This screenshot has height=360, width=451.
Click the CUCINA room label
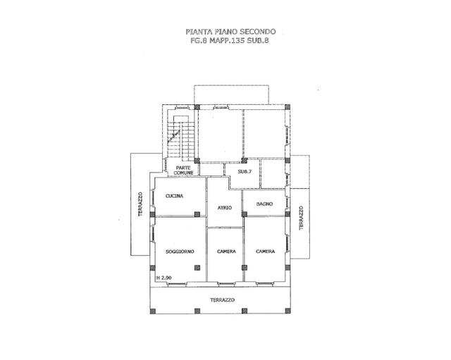(x=174, y=196)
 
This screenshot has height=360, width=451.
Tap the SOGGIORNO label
(x=180, y=252)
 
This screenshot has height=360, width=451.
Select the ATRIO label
(x=225, y=208)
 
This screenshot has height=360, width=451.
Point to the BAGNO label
(x=265, y=204)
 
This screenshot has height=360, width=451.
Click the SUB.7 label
(x=245, y=172)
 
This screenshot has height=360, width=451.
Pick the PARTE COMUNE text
(x=183, y=170)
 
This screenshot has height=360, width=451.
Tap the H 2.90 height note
(x=164, y=278)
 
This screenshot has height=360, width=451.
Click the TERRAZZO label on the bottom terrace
(x=223, y=300)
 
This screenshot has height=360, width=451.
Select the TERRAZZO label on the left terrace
(x=140, y=204)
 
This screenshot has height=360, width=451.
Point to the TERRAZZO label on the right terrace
(x=301, y=218)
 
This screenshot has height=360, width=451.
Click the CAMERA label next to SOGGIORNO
(x=226, y=252)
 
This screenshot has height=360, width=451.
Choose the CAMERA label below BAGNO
(x=265, y=252)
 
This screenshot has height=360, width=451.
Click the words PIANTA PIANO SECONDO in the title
(x=230, y=31)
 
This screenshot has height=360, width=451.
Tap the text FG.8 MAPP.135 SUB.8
(x=230, y=41)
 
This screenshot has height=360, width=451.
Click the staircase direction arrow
(x=174, y=135)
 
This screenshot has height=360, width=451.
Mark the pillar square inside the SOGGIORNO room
(x=197, y=268)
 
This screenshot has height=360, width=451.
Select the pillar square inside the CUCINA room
(x=197, y=214)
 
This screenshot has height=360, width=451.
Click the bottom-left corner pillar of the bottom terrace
(x=153, y=311)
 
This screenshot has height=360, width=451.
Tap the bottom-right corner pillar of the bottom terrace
(x=288, y=311)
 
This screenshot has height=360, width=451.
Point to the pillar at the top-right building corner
(x=288, y=107)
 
